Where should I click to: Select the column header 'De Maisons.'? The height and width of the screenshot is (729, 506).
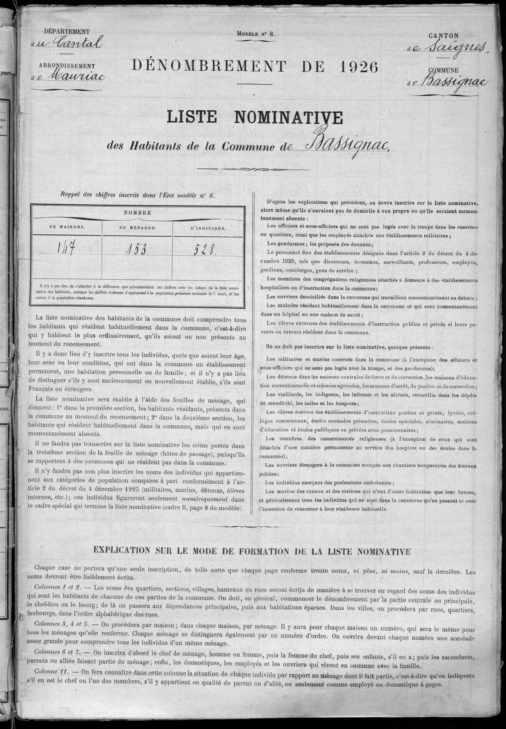[x=67, y=227]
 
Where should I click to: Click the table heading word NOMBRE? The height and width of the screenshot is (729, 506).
[x=137, y=213]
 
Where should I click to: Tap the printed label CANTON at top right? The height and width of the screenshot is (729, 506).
[x=443, y=35]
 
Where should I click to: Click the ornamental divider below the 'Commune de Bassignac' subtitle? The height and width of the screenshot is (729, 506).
[x=253, y=169]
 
